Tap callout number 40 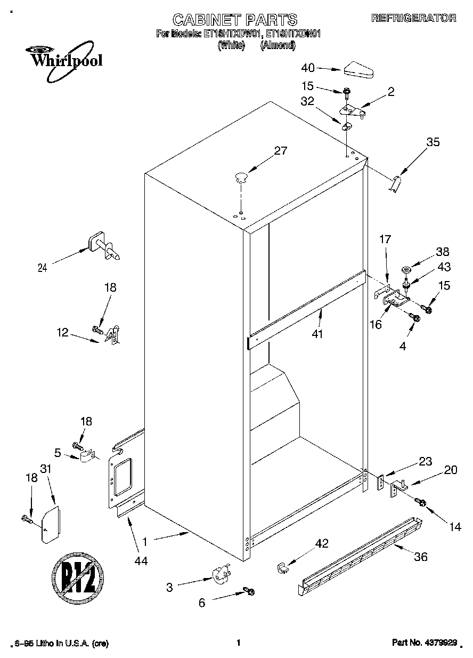308,68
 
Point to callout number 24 42,268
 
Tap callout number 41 320,334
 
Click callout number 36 421,557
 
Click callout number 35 433,142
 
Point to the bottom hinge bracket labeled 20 399,488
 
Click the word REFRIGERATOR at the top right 414,18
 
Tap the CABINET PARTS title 234,20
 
